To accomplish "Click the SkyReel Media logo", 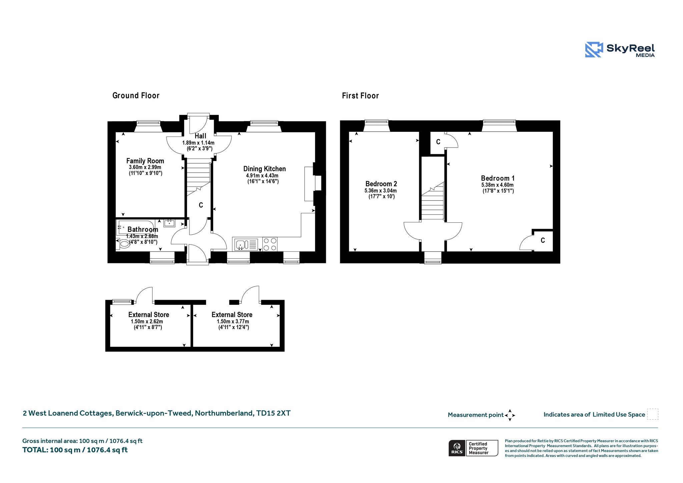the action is (620, 50).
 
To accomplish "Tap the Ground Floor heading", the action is (136, 96).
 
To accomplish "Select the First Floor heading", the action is (361, 96).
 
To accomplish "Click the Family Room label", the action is (145, 161).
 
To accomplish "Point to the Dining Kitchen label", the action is (264, 169).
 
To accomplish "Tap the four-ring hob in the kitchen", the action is (270, 244).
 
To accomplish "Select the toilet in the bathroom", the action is (123, 244).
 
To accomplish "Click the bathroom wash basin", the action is (169, 223).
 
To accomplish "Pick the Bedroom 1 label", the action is (498, 178).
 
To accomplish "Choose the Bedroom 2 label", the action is (381, 184).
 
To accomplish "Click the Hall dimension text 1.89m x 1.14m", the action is (198, 143).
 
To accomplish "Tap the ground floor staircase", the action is (198, 177).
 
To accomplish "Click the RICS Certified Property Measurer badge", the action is (473, 448).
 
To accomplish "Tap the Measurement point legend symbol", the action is (510, 415).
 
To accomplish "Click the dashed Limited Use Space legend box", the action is (653, 414).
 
